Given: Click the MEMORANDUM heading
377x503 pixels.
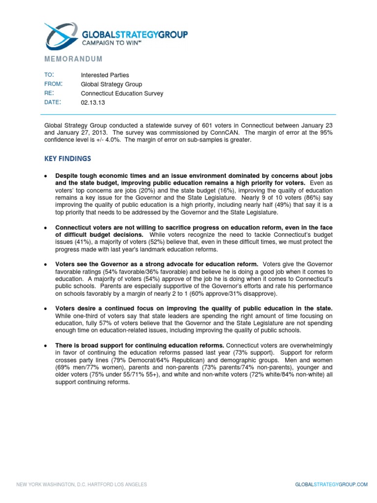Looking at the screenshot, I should tap(73, 59).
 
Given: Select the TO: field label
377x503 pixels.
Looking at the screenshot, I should tap(49, 75).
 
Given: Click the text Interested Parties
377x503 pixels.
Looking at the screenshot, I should tap(105, 75).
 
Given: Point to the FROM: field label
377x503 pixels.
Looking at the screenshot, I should tap(53, 84).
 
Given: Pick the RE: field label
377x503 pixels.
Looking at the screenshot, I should tap(49, 93).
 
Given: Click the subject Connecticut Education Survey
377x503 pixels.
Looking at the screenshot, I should tap(122, 93).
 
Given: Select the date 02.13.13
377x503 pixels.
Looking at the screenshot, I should tap(93, 103).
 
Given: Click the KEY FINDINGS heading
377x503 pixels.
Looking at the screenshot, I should tap(67, 159).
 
